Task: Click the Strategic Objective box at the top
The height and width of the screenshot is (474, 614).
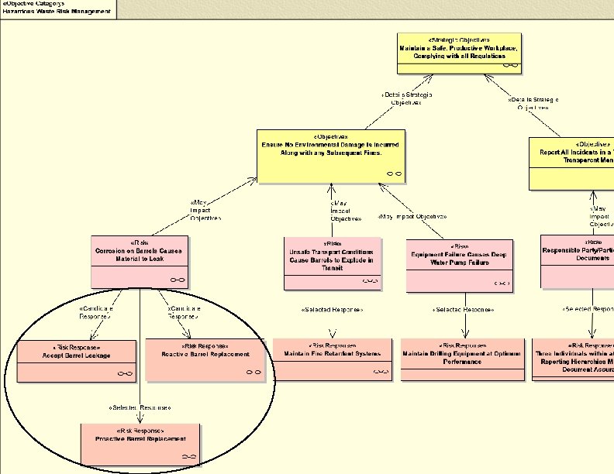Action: (458, 53)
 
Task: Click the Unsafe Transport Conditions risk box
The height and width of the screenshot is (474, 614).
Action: (332, 263)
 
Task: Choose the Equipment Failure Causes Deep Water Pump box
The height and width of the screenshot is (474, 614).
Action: (459, 263)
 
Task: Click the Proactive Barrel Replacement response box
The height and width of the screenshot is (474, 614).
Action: (140, 445)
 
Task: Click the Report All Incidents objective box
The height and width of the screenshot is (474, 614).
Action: (571, 163)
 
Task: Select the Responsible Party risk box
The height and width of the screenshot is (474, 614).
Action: (577, 260)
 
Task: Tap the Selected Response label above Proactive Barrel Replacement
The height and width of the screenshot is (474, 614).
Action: (140, 407)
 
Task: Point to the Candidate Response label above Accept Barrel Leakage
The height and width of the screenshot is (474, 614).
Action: (97, 312)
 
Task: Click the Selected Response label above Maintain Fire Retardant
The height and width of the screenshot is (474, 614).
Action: (331, 310)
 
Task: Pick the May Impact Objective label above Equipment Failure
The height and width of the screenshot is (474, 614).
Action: (412, 216)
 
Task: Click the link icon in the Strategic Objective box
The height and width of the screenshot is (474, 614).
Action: (510, 65)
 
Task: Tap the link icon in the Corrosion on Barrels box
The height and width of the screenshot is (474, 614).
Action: (178, 279)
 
